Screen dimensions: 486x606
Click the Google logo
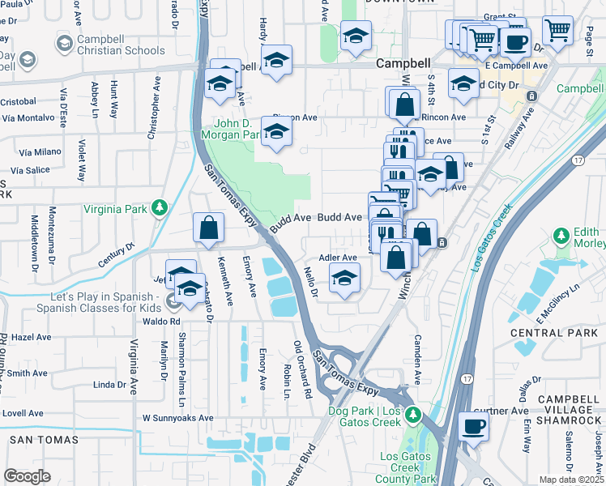27,475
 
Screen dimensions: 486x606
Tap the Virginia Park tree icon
160,208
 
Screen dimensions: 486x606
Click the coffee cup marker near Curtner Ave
473,424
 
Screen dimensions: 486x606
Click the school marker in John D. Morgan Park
276,133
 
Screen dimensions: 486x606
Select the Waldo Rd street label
163,321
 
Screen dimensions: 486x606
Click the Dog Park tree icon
413,416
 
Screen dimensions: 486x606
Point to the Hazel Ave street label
32,336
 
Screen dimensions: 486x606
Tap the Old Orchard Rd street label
303,369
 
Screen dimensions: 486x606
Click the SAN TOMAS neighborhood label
44,440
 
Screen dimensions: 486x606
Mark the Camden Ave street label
418,359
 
